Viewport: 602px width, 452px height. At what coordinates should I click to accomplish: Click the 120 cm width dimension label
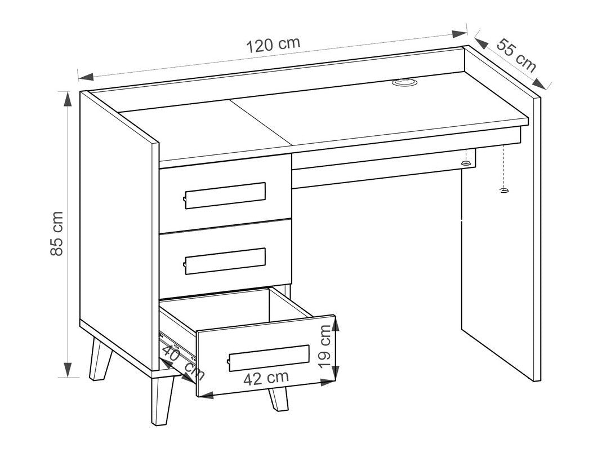coord(273,44)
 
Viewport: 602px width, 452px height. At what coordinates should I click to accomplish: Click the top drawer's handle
coord(225,195)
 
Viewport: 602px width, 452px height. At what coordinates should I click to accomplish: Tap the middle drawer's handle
coord(225,261)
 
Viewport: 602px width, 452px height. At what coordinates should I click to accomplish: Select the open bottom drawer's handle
coord(269,357)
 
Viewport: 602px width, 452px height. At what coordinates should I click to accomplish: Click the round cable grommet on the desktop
coord(404,83)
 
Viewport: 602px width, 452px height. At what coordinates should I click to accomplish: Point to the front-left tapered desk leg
coord(101,361)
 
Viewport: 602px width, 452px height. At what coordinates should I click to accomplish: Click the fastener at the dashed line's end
coord(503,190)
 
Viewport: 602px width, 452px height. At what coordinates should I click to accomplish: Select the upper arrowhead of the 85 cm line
coord(68,99)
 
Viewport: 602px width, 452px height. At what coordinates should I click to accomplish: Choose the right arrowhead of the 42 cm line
coord(328,383)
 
